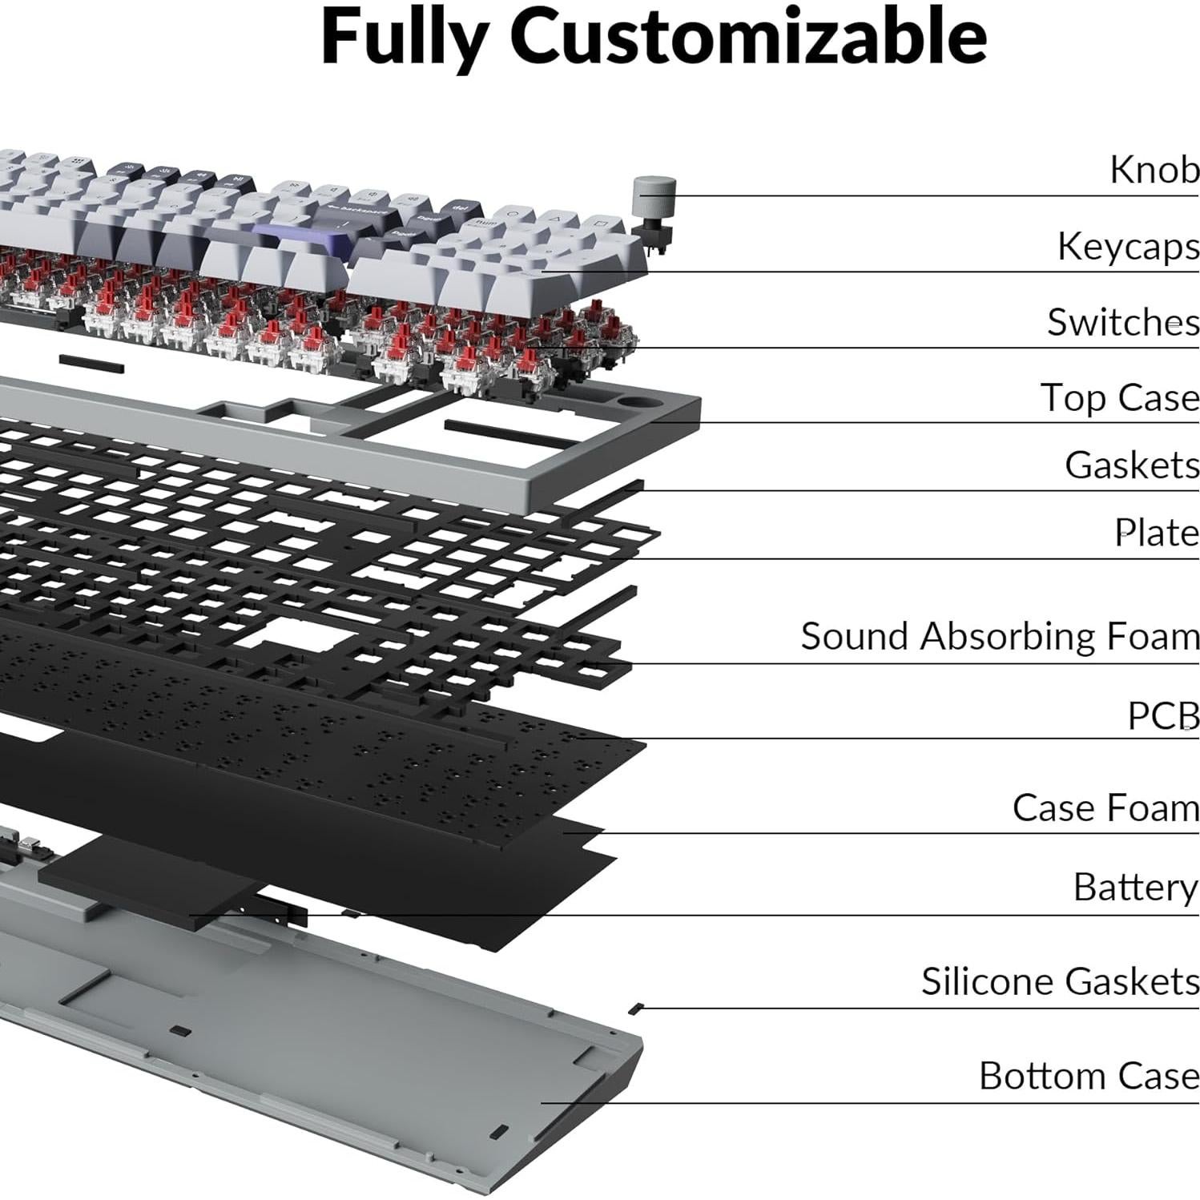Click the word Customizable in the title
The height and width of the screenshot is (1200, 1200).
click(x=748, y=38)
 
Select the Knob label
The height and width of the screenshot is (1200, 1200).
click(x=1154, y=170)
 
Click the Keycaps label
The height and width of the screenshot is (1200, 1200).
click(x=1128, y=247)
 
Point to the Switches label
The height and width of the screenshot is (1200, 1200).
click(x=1123, y=322)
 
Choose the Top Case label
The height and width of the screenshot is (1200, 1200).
click(x=1119, y=397)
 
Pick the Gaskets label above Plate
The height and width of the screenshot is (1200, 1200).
click(x=1131, y=465)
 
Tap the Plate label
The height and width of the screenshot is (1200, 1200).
click(x=1157, y=534)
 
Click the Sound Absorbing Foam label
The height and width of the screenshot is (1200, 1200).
click(x=1000, y=637)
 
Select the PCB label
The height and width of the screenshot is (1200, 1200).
click(x=1163, y=716)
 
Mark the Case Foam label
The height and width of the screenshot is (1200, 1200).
click(x=1105, y=807)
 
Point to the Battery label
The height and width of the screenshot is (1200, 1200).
click(x=1135, y=888)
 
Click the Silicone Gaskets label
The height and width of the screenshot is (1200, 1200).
click(x=1060, y=981)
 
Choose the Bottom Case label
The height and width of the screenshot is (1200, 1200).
click(x=1089, y=1076)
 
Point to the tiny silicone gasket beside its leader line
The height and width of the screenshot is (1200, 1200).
click(x=637, y=1007)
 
